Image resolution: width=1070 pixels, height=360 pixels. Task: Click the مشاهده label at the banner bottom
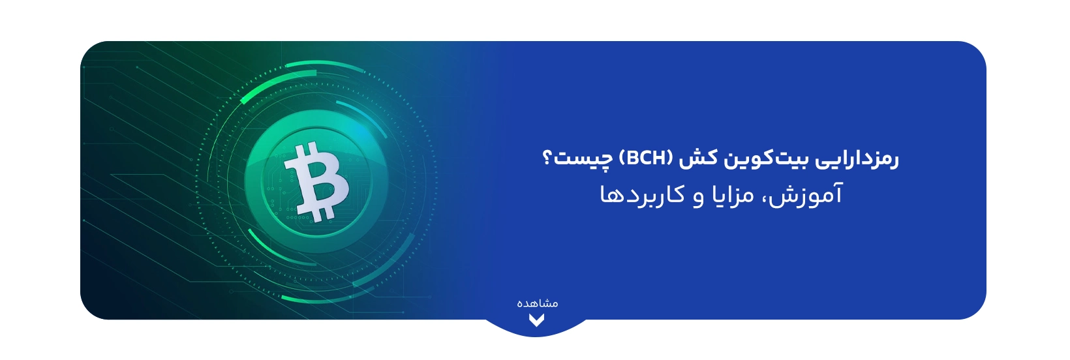[537, 303]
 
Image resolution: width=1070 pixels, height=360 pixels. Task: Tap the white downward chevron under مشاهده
[536, 320]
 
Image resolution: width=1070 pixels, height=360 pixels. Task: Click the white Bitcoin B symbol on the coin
[316, 181]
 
